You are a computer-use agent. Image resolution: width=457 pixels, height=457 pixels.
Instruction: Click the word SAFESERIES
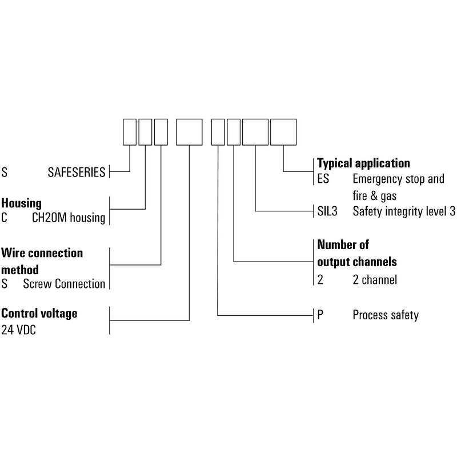[77, 172]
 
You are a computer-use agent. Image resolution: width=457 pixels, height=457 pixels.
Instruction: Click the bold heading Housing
[21, 203]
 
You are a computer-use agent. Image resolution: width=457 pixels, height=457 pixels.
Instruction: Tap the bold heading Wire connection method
[42, 260]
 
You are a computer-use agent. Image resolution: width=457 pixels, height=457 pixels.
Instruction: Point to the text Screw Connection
[64, 284]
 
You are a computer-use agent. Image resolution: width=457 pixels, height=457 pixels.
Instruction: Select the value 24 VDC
[18, 330]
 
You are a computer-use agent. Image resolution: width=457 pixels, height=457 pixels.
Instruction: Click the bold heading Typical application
[363, 163]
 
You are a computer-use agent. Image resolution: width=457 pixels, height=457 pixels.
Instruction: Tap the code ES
[323, 179]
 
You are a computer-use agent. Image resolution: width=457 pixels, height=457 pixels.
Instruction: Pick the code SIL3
[328, 211]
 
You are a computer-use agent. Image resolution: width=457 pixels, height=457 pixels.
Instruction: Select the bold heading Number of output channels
[357, 253]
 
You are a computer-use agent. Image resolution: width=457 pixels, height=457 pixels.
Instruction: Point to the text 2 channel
[375, 280]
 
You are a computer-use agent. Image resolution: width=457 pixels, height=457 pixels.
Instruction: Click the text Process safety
[386, 315]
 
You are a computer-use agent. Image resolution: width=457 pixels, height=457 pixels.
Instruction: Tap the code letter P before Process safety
[320, 315]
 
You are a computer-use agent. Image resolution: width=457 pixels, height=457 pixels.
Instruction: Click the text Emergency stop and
[398, 179]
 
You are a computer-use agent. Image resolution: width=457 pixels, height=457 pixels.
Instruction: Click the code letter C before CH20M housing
[5, 218]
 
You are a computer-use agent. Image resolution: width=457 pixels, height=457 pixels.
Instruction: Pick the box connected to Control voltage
[189, 132]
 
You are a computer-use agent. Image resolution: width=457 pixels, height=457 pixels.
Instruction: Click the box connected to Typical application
[283, 132]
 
